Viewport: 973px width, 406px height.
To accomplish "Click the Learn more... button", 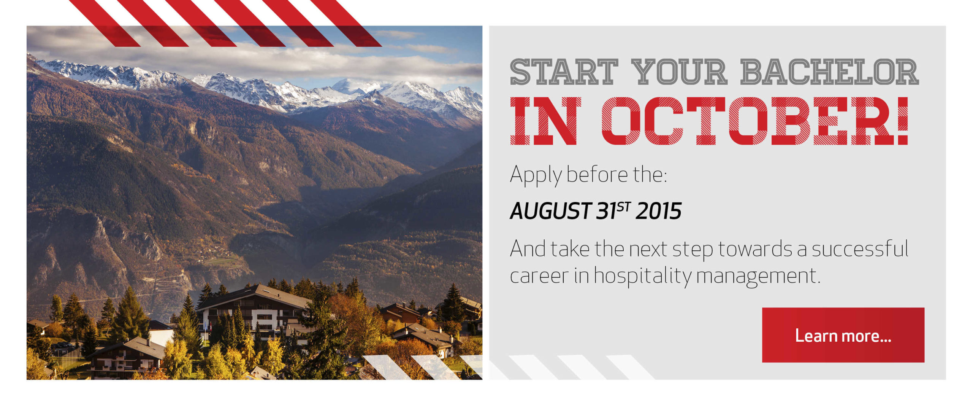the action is (843, 335).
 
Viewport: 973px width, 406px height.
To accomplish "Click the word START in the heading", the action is (564, 72).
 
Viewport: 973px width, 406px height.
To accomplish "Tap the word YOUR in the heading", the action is (679, 72).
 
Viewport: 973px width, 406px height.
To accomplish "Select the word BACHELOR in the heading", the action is (829, 72).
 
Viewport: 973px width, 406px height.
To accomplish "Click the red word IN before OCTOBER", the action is (545, 121).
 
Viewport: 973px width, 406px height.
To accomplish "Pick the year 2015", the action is (658, 211).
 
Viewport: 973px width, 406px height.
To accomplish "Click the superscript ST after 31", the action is (624, 207).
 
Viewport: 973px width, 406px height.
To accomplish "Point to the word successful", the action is (860, 249).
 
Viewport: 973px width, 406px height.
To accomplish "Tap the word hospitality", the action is (642, 275).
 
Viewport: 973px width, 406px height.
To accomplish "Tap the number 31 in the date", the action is (606, 211).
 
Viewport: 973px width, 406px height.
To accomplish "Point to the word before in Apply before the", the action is (597, 175).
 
